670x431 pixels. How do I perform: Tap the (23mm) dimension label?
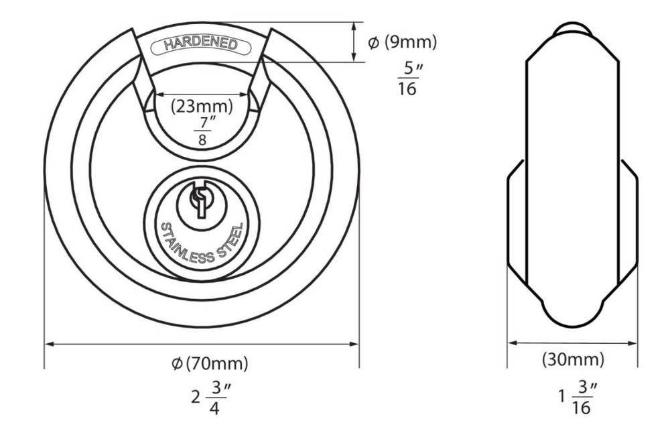[201, 105]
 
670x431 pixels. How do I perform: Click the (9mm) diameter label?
[411, 42]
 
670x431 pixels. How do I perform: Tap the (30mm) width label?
[573, 359]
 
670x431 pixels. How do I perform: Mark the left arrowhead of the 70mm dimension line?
[48, 345]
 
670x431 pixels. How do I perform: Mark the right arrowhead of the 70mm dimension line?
[355, 345]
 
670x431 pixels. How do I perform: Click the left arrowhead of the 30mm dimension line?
[511, 342]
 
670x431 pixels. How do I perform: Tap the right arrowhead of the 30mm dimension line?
[634, 342]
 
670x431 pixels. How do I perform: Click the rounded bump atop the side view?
[573, 27]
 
